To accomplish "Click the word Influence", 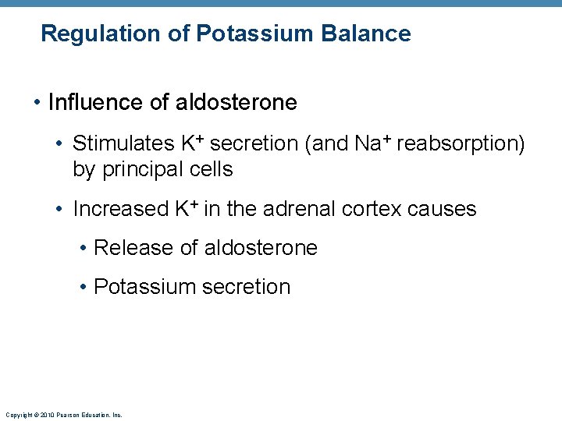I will [x=96, y=102].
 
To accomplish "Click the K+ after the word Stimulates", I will [x=193, y=143].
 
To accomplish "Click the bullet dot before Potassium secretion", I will [x=83, y=287].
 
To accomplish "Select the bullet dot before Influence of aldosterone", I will [x=37, y=102].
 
